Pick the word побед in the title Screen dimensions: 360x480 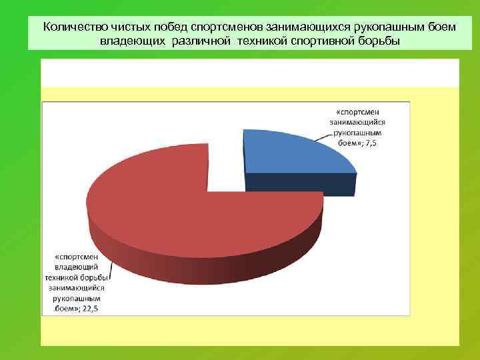click(151, 27)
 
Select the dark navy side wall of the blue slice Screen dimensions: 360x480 click(300, 184)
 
